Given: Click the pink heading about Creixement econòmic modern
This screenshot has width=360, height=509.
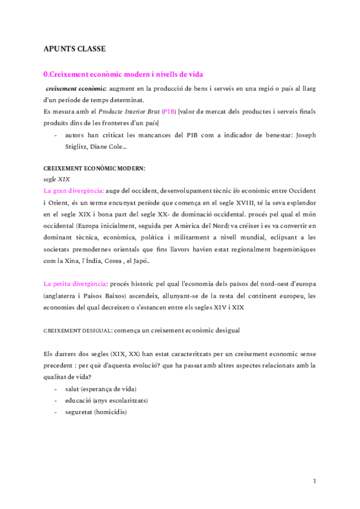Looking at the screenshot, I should pyautogui.click(x=124, y=74).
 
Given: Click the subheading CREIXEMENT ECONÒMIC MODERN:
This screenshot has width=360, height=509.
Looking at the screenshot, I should pyautogui.click(x=94, y=169).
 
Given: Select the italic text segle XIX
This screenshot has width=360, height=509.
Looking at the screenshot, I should pyautogui.click(x=57, y=179).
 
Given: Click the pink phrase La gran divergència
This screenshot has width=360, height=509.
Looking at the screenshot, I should pyautogui.click(x=74, y=191).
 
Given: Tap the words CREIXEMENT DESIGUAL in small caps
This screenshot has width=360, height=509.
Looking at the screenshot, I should pyautogui.click(x=78, y=331).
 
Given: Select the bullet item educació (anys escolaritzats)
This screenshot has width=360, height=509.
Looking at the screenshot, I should pyautogui.click(x=106, y=400).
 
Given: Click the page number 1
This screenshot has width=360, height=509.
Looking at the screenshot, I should pyautogui.click(x=314, y=481).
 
